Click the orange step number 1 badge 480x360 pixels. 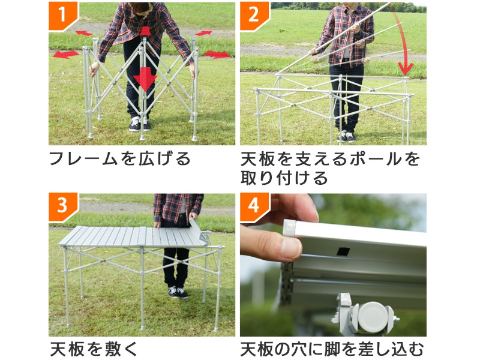click(62, 16)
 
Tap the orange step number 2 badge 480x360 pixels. click(254, 16)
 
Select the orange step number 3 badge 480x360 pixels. click(62, 206)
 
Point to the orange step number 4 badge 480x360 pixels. click(254, 206)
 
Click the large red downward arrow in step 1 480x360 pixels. click(145, 79)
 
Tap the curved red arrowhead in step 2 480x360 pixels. click(406, 68)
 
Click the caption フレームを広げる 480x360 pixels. click(119, 158)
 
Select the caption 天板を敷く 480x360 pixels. click(94, 349)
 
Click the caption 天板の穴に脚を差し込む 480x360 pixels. click(332, 349)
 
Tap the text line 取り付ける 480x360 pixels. click(284, 178)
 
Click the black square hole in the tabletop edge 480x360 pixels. click(343, 251)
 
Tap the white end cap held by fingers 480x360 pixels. click(289, 227)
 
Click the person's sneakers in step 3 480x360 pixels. click(178, 292)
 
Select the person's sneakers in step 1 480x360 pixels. click(139, 124)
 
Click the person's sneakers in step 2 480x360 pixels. click(346, 137)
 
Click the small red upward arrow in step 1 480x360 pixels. click(145, 31)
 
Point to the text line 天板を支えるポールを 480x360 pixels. click(331, 158)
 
